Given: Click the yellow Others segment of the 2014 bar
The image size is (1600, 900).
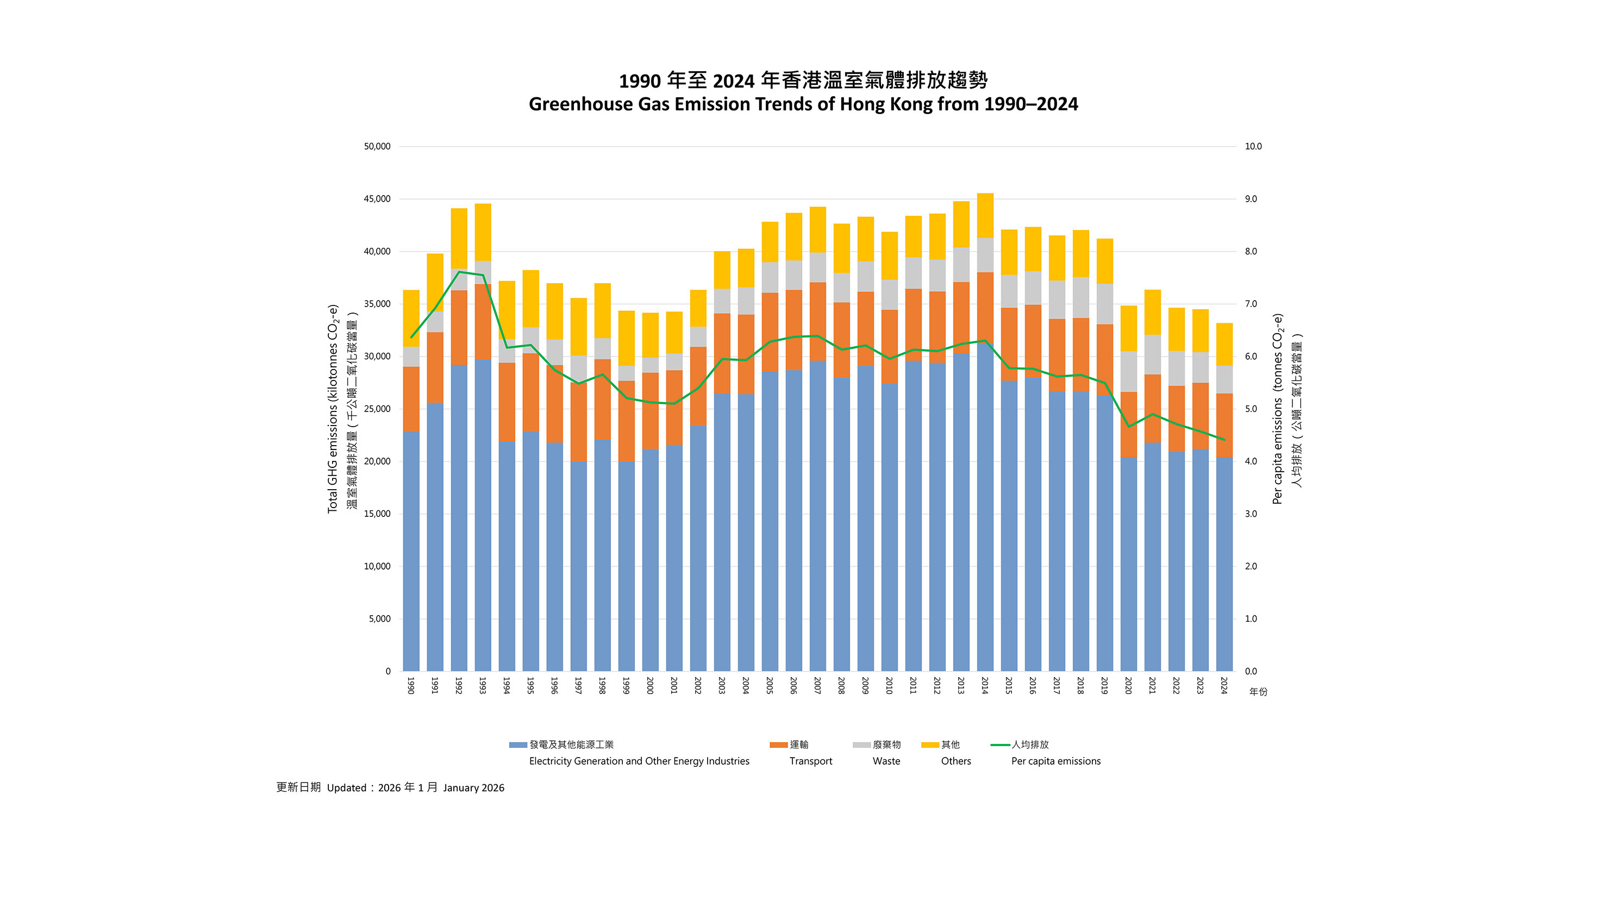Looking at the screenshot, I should click(x=985, y=216).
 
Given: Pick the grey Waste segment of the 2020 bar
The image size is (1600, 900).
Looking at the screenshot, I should click(x=1129, y=371).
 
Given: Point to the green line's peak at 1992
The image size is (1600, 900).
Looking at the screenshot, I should click(x=459, y=272).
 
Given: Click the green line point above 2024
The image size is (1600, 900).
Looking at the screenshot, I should click(x=1224, y=440).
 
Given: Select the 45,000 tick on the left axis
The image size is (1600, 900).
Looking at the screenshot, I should click(x=377, y=199).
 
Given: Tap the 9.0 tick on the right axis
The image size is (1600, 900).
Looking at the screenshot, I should click(x=1251, y=199).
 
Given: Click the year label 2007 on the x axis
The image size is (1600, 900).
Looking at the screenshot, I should click(x=817, y=686).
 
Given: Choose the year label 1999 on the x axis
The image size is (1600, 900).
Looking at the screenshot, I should click(x=626, y=686).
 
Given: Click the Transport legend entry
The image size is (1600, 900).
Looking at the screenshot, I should click(x=810, y=761).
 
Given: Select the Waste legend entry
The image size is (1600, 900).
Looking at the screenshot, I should click(x=886, y=761).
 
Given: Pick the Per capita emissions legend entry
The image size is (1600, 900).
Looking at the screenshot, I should click(x=1055, y=761).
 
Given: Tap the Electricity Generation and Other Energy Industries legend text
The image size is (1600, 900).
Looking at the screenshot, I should click(x=639, y=761).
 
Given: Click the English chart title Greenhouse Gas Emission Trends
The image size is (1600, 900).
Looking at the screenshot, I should click(x=803, y=104).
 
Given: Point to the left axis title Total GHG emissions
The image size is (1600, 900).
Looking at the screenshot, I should click(x=333, y=408).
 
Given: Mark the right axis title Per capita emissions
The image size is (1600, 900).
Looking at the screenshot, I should click(x=1277, y=408).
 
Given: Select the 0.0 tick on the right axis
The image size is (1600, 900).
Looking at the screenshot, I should click(x=1251, y=671).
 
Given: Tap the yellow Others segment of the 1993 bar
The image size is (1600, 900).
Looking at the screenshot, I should click(x=483, y=232).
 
